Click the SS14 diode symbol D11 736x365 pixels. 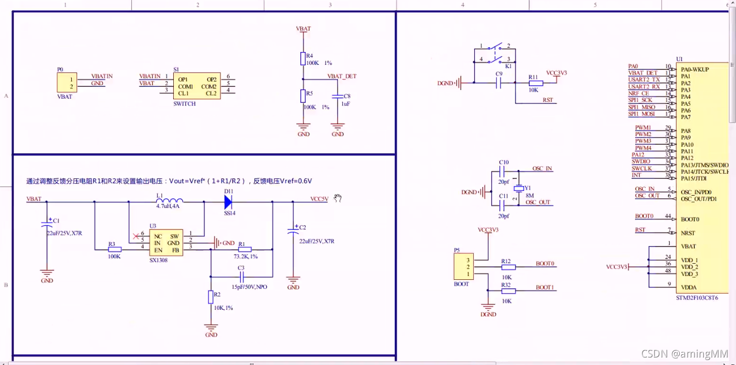coord(228,202)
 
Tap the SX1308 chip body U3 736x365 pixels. coord(166,243)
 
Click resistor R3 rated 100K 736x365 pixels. coord(115,250)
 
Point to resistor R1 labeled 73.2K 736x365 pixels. coord(245,250)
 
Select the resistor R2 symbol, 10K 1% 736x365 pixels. coord(211,297)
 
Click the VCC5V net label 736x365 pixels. coord(319,199)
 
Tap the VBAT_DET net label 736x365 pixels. coord(342,76)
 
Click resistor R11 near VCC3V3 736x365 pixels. coord(536,83)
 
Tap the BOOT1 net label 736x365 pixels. coord(544,288)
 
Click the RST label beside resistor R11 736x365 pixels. coord(548,100)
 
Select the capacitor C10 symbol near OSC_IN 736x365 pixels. coord(504,172)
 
